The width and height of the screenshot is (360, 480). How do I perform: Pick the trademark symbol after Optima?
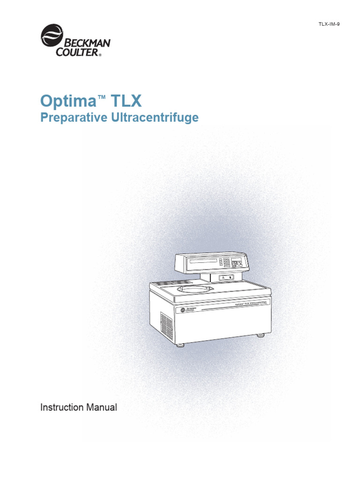click(102, 97)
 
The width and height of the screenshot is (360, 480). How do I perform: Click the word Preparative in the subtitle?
click(73, 118)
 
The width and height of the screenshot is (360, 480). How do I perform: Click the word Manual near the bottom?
click(101, 407)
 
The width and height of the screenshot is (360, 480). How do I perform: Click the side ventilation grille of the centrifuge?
click(167, 324)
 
